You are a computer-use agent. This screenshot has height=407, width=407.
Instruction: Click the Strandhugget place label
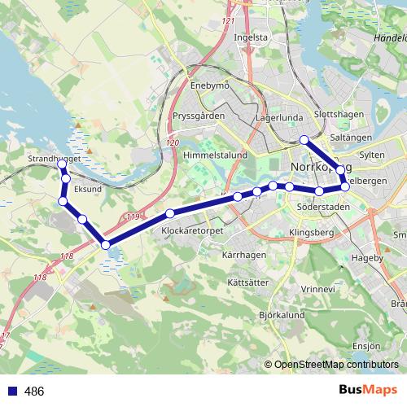pos(54,158)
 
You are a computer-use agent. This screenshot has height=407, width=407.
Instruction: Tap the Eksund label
pos(87,189)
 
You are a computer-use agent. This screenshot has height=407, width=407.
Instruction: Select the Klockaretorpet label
pos(193,231)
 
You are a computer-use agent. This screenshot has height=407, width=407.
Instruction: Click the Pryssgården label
pos(199,116)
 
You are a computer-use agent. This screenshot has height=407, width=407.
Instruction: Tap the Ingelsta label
pos(251,37)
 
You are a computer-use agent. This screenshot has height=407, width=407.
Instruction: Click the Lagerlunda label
pos(278,118)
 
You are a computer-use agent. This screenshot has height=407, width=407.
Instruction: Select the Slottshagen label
pos(339,115)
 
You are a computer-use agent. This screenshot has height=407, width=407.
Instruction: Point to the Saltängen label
pos(352,138)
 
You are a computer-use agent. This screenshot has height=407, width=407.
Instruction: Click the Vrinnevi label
pos(317,288)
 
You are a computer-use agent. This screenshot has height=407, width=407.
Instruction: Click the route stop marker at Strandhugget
pos(63,164)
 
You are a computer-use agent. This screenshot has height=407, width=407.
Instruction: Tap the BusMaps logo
pos(369,391)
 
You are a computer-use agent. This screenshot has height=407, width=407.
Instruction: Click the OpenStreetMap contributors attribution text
pos(336,365)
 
